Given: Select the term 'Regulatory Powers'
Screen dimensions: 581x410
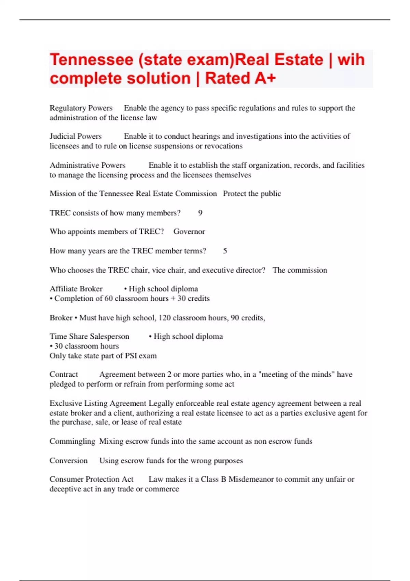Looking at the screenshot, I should tap(81, 108).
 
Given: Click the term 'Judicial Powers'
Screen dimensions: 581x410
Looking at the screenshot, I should tap(76, 136).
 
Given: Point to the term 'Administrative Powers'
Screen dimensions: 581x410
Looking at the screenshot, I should tap(87, 165).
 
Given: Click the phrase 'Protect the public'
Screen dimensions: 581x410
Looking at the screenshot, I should tap(252, 194).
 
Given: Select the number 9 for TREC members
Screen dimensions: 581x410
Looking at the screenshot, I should tap(200, 213).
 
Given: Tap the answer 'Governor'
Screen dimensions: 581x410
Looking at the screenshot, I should tap(189, 232).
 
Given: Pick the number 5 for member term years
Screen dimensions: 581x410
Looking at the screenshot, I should tap(225, 251).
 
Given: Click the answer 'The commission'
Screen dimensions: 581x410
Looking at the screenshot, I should tap(300, 270).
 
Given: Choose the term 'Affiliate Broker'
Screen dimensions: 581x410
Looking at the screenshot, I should tap(76, 289).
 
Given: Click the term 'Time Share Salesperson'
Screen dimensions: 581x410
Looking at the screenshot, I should tap(89, 337).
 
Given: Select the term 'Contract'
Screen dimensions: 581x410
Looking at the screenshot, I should tap(64, 375).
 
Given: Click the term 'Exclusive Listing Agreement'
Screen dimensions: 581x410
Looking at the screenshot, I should tap(98, 403).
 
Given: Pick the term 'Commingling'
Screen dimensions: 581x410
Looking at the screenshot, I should tap(72, 442).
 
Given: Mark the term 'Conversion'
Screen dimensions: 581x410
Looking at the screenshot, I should tap(68, 461).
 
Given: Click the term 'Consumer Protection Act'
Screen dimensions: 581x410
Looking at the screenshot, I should tap(91, 479).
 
